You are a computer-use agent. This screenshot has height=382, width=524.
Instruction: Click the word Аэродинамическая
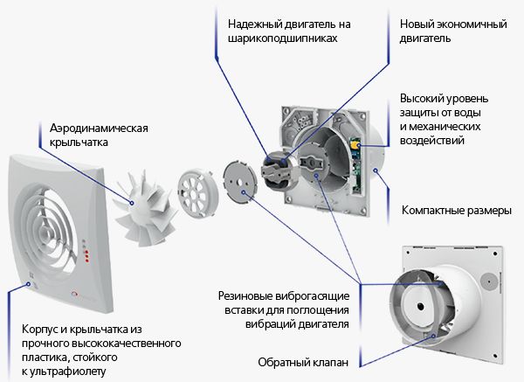pyautogui.click(x=99, y=128)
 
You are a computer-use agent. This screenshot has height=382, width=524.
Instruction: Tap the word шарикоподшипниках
pyautogui.click(x=283, y=38)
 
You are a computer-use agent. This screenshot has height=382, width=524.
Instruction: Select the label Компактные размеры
pyautogui.click(x=457, y=211)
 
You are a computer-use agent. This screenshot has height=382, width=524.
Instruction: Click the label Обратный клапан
pyautogui.click(x=303, y=362)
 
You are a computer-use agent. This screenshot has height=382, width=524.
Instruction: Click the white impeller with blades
pyautogui.click(x=143, y=207)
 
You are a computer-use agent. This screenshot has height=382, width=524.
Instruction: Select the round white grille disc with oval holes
pyautogui.click(x=198, y=193)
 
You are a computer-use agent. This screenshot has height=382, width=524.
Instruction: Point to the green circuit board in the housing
pyautogui.click(x=356, y=164)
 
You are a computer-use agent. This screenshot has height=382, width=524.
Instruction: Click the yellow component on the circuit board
pyautogui.click(x=355, y=144)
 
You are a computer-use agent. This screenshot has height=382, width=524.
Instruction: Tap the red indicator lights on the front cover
pyautogui.click(x=86, y=255)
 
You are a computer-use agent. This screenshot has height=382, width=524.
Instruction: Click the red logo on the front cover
pyautogui.click(x=74, y=294)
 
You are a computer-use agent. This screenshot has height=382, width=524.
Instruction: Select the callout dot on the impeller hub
pyautogui.click(x=132, y=203)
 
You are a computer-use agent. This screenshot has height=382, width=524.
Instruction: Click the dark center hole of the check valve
pyautogui.click(x=420, y=307)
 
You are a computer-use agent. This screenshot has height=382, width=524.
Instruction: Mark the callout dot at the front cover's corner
pyautogui.click(x=29, y=284)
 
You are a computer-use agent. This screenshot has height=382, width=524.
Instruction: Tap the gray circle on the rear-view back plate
pyautogui.click(x=489, y=281)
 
